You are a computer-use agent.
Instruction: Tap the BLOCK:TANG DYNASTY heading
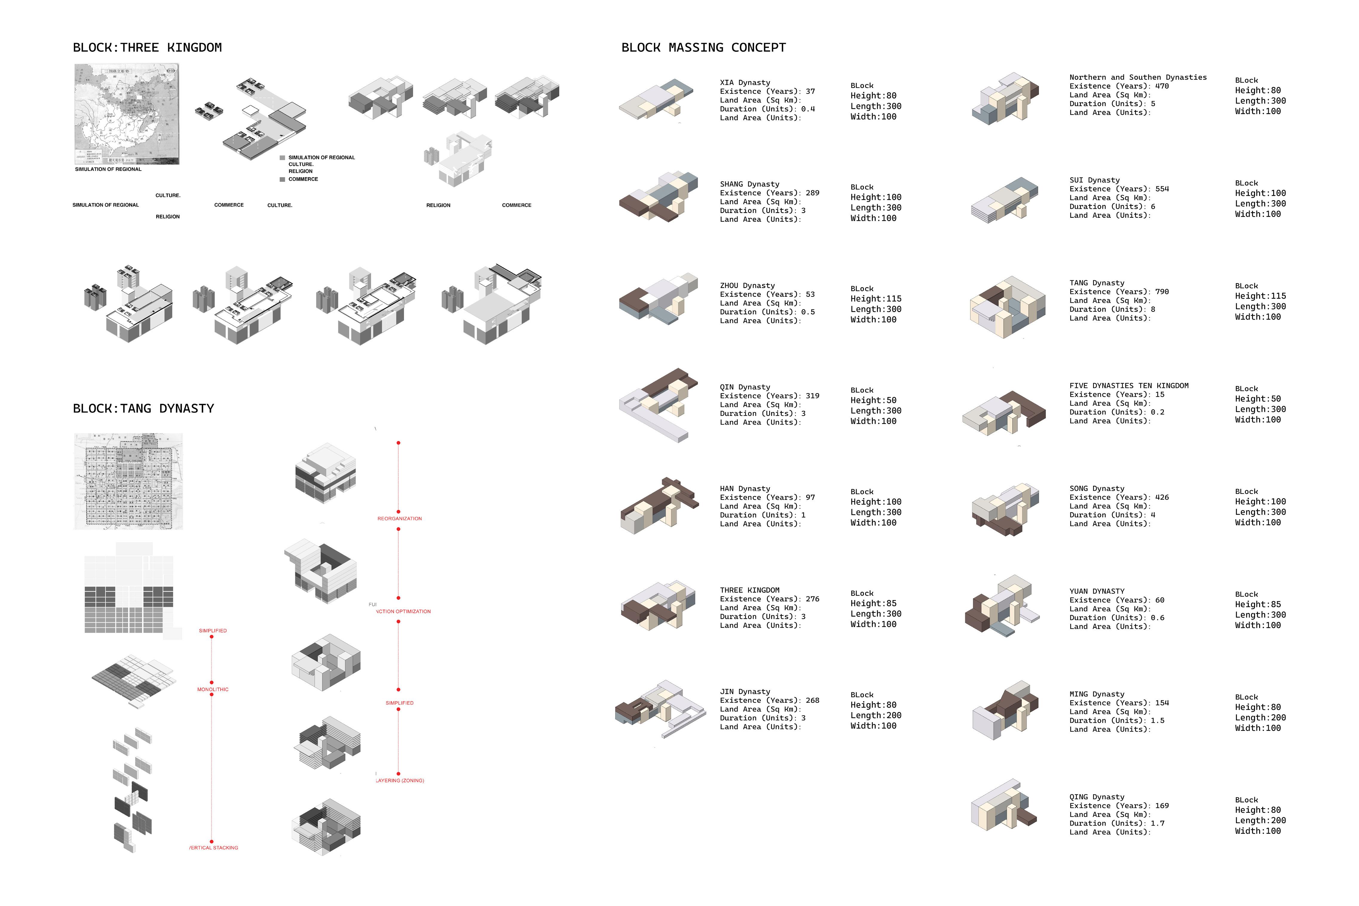point(143,408)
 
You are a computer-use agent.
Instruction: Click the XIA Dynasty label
point(745,83)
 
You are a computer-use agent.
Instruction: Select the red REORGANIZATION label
point(399,519)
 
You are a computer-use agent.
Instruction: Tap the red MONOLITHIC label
point(213,689)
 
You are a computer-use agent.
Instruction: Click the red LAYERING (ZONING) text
point(400,780)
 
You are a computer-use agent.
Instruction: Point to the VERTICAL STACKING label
point(214,848)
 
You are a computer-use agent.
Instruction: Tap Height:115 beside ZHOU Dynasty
point(876,299)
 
